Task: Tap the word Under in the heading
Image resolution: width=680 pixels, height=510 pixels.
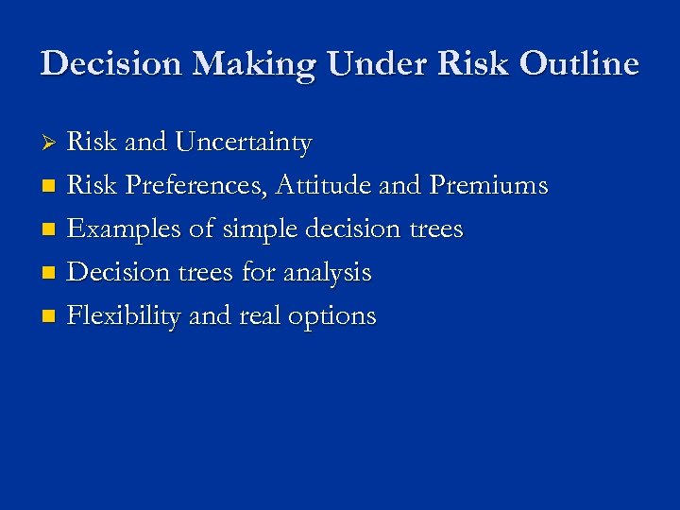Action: [371, 64]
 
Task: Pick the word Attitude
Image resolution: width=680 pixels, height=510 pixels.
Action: [324, 186]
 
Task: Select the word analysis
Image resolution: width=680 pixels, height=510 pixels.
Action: [325, 273]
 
